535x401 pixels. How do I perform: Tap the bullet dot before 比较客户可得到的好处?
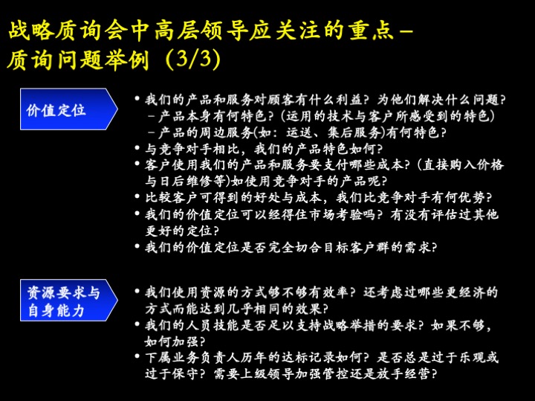[137, 197]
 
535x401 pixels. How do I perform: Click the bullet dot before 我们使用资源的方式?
[137, 292]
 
